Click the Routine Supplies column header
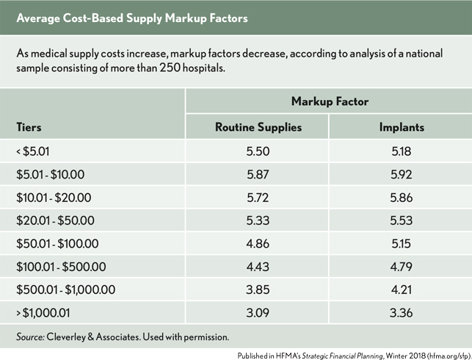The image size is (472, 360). (x=258, y=127)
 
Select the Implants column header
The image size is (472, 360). (x=402, y=127)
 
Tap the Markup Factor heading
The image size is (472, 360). (x=330, y=101)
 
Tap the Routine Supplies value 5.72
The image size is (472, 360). (x=258, y=196)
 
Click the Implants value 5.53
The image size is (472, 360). (x=402, y=219)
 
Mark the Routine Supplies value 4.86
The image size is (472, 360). (x=258, y=242)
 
